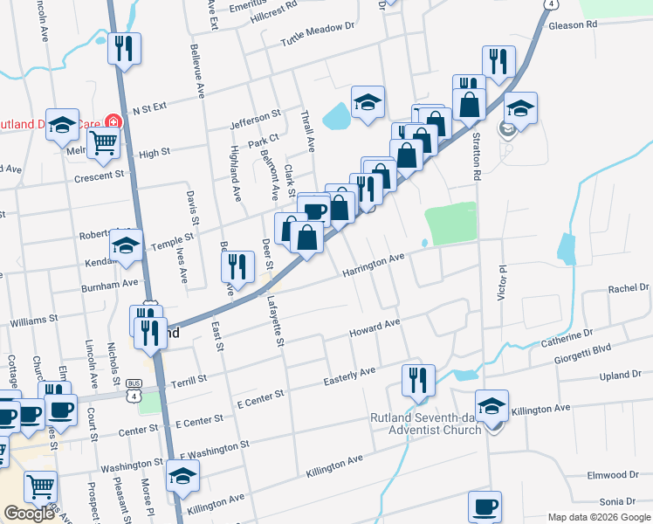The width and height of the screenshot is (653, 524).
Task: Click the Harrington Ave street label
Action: pyautogui.click(x=374, y=265)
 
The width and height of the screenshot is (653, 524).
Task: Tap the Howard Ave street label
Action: pyautogui.click(x=375, y=329)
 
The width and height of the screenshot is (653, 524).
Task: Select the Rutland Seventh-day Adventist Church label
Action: pyautogui.click(x=425, y=423)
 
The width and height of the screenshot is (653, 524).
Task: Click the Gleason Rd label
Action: pyautogui.click(x=573, y=25)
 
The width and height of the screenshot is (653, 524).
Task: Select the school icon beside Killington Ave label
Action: pyautogui.click(x=492, y=405)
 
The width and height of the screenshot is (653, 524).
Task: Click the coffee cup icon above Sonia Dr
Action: pyautogui.click(x=485, y=506)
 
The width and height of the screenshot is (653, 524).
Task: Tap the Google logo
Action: pyautogui.click(x=30, y=514)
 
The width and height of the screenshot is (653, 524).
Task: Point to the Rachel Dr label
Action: pyautogui.click(x=629, y=288)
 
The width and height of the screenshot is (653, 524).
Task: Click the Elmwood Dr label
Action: pyautogui.click(x=621, y=475)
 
